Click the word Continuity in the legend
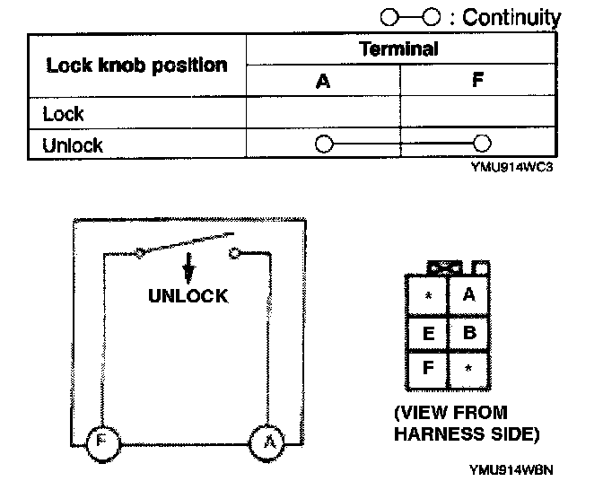point(512,17)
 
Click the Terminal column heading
point(398,49)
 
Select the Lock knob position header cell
point(136,66)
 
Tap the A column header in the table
point(323,81)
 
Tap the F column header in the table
point(477,81)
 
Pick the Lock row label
point(63,113)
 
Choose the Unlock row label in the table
point(73,144)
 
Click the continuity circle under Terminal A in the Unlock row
point(324,144)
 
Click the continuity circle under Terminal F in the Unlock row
point(482,144)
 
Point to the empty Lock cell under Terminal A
point(323,113)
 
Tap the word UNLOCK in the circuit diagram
point(188,295)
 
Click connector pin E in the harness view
point(429,333)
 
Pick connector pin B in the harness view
point(468,333)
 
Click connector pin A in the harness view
point(468,294)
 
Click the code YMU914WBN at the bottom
point(510,468)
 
